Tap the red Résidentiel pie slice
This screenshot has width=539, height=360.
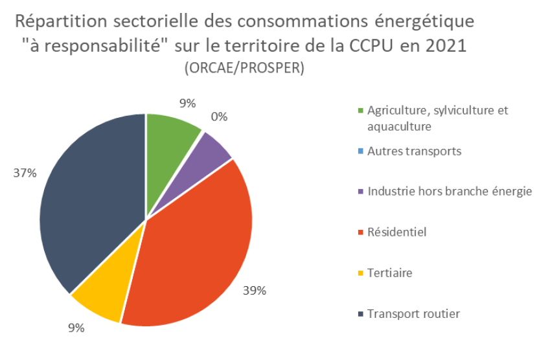click(x=194, y=253)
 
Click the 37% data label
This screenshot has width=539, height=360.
click(x=23, y=173)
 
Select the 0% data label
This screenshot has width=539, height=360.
click(x=219, y=117)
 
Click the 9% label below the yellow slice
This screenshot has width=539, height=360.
click(x=76, y=328)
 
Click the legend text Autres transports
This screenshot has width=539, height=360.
click(x=414, y=152)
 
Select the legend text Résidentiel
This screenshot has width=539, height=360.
click(x=396, y=232)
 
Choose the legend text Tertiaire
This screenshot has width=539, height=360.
click(x=389, y=273)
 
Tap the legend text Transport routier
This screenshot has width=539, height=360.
click(x=413, y=314)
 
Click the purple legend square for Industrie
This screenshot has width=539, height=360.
click(x=360, y=192)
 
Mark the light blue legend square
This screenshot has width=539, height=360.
click(x=360, y=152)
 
